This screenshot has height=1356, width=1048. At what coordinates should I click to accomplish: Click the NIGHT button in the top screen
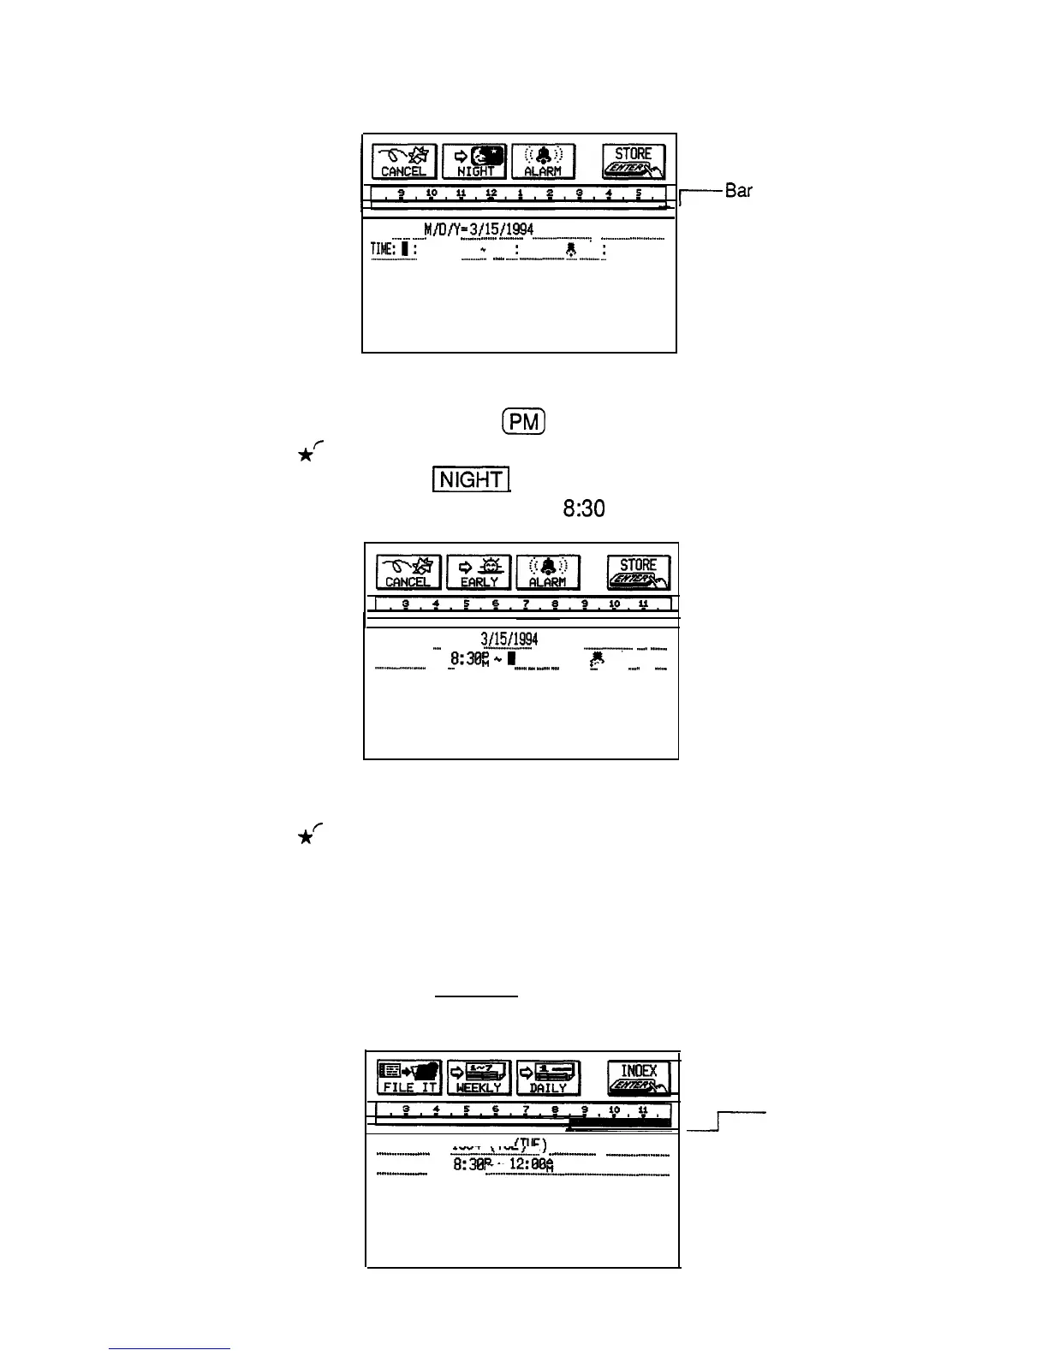coord(474,161)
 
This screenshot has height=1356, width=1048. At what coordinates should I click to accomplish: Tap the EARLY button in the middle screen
coord(479,572)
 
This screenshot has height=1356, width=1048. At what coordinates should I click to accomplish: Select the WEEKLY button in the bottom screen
coord(479,1078)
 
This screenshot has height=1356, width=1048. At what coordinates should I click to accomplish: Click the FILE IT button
coord(409,1078)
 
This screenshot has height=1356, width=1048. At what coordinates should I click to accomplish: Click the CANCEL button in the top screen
coord(404,161)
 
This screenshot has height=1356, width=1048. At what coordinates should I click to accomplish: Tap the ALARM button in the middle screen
coord(548,572)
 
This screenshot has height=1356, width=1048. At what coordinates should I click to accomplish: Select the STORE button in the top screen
coord(634,161)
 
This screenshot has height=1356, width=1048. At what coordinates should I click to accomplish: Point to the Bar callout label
coord(738,191)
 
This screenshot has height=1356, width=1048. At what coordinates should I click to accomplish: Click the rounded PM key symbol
coord(521,422)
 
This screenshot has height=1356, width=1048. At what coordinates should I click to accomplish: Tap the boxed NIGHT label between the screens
coord(472,479)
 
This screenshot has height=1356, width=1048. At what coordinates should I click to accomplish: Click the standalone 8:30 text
coord(583,509)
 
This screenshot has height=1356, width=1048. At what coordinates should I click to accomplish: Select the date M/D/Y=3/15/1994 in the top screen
coord(479,229)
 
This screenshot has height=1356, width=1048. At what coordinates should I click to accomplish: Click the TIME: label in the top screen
coord(382,249)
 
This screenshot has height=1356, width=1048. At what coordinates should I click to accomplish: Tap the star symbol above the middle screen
coord(304,454)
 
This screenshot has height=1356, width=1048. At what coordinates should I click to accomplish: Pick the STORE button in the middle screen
coord(639,572)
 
